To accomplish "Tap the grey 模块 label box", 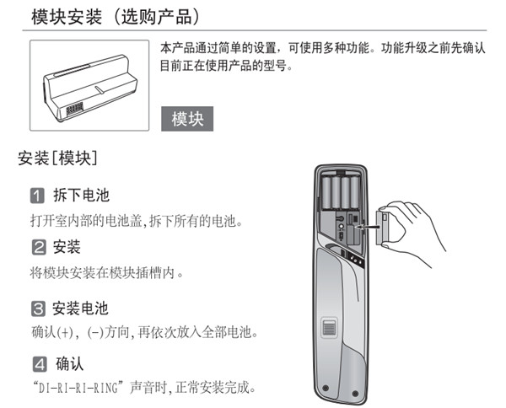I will [187, 118].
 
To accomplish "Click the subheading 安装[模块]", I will [57, 158].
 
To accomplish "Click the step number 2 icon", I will [38, 248].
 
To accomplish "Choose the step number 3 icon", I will [38, 309].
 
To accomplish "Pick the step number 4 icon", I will [38, 365].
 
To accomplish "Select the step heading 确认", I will [70, 365].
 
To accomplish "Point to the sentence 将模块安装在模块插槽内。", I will [106, 271].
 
